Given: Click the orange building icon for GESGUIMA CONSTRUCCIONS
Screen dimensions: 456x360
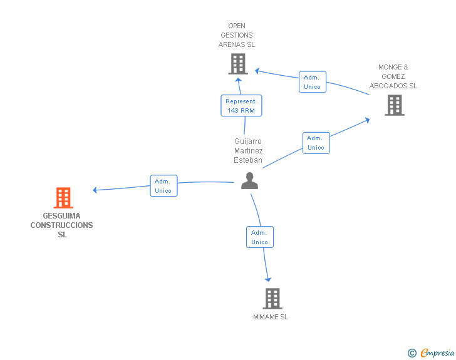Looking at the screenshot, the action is (63, 198).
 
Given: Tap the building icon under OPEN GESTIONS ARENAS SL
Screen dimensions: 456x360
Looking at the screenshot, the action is (238, 64).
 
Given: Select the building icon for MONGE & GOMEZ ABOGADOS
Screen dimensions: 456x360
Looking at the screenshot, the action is (395, 105).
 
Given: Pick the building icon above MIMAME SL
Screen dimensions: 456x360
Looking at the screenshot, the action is (272, 299).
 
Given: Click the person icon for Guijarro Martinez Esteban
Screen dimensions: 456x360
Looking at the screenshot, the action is (249, 181).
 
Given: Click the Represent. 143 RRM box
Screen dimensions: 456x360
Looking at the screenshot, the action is (241, 106).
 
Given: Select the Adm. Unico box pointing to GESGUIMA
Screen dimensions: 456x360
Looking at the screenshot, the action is (163, 186).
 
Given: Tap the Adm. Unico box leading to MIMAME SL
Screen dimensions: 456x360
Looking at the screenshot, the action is (260, 237).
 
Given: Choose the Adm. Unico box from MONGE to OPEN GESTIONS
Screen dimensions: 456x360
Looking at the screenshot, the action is (313, 82).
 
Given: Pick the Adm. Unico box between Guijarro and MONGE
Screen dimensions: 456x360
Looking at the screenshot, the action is (316, 143).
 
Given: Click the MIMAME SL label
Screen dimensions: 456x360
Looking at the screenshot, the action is (271, 317).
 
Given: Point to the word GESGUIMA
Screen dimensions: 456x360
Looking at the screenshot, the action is (61, 216).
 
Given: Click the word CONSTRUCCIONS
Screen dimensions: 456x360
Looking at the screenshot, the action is (61, 225).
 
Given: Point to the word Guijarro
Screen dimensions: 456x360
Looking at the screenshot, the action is (248, 141).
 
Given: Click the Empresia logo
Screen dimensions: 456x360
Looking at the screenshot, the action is (437, 352).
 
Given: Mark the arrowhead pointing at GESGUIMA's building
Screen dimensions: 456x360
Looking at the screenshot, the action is (95, 190).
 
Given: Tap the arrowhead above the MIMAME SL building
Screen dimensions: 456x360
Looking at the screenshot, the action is (268, 279).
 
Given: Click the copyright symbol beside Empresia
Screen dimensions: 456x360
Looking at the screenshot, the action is (412, 353).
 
